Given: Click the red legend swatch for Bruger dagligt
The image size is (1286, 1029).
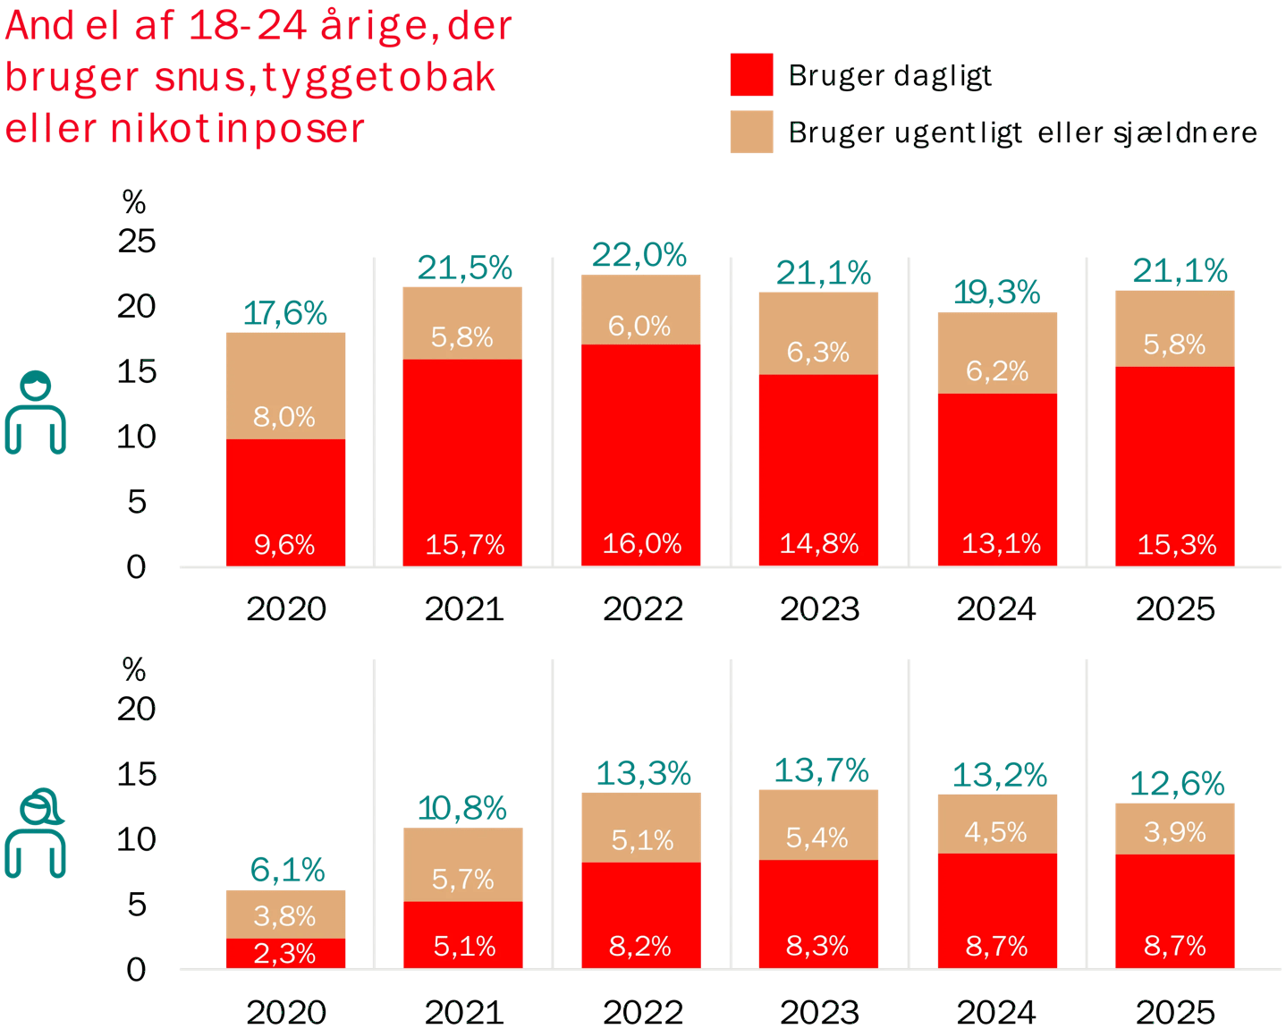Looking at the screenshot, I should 751,74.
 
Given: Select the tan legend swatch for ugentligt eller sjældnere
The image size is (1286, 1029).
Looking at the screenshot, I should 751,132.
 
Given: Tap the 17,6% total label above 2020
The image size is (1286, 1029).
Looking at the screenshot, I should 285,313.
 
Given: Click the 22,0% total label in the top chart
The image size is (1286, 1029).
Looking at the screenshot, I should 639,256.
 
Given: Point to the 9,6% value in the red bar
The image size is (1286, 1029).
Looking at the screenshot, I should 284,544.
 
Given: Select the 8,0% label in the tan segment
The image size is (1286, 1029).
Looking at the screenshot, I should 284,416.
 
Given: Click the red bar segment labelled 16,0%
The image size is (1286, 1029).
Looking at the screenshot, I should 640,447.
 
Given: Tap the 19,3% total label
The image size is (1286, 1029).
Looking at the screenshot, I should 997,293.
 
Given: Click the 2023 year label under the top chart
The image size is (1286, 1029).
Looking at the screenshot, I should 819,609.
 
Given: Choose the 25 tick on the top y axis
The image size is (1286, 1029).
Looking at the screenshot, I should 136,241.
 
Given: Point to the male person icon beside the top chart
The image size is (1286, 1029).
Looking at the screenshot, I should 36,413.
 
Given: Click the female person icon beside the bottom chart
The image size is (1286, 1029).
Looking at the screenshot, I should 36,833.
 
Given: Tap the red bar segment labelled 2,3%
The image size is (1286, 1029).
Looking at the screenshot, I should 285,953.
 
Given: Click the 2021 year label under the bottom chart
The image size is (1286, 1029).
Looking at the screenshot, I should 464,1013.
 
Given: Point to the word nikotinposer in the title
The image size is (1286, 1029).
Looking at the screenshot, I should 237,129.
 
